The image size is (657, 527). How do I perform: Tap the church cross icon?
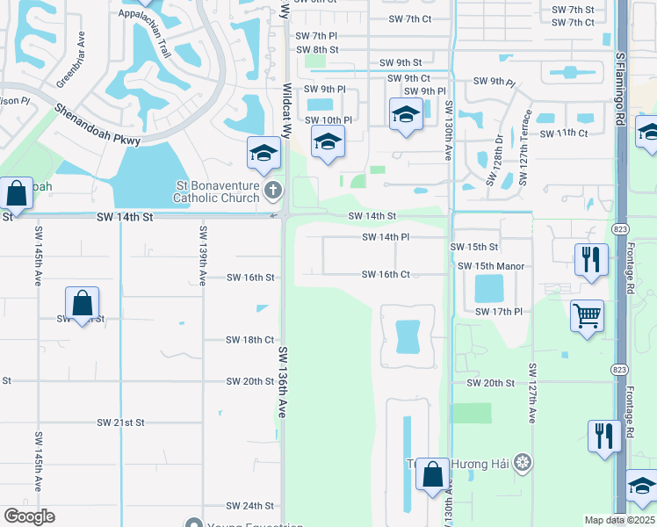pos(273,190)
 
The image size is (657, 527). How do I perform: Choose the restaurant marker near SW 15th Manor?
pos(590,259)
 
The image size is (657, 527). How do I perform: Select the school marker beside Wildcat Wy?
pos(264,153)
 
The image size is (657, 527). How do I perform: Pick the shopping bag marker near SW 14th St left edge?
pos(17,191)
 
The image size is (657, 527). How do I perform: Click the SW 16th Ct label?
pos(386,275)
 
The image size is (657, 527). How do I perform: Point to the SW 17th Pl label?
pos(498,312)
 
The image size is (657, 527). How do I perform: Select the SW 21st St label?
pos(120,422)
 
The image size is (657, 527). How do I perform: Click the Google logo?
pos(29,516)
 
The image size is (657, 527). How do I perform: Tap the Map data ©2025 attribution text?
pos(620,520)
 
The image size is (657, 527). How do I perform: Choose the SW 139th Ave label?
pos(203,256)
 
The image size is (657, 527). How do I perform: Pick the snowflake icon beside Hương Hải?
pos(523,462)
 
